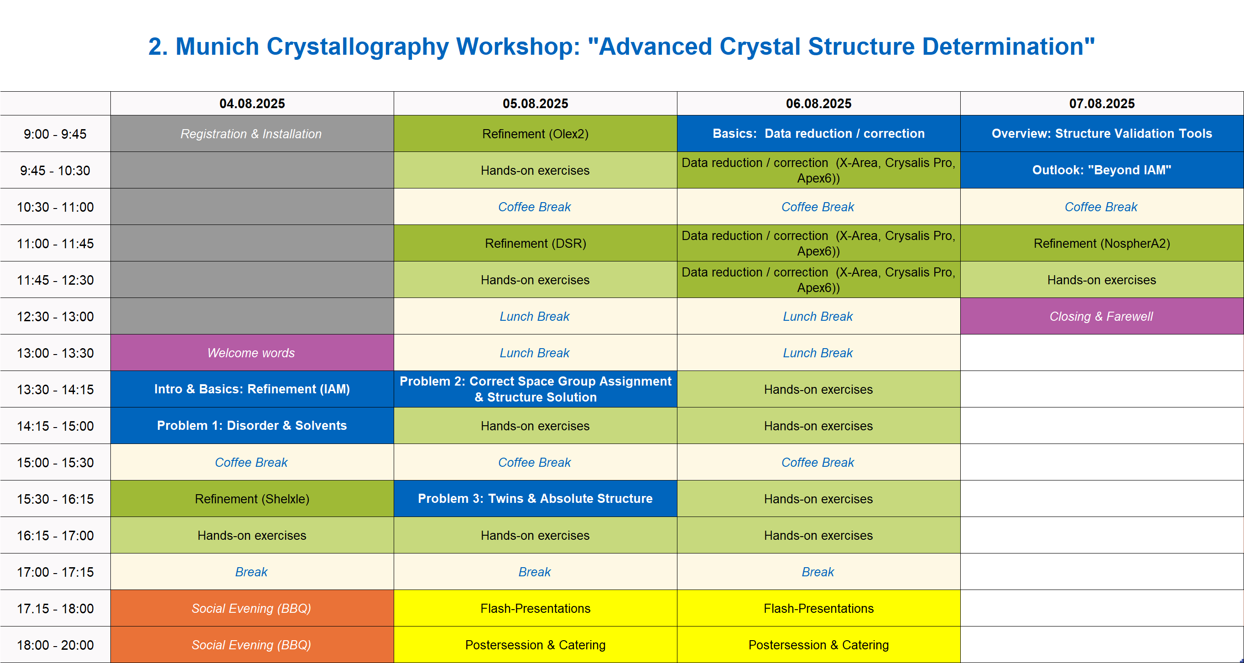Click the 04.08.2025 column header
[252, 103]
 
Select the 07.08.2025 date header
[1102, 103]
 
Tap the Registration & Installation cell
[252, 134]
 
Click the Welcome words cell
[252, 353]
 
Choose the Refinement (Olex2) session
[535, 134]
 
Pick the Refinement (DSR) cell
[535, 243]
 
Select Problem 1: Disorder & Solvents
[252, 425]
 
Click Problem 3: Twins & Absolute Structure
[535, 498]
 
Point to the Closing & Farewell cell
[1102, 316]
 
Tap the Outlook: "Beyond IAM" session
[1102, 170]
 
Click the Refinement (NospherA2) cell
[1102, 243]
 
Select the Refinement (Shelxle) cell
[252, 498]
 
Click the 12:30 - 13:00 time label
[55, 316]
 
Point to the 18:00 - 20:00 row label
[55, 645]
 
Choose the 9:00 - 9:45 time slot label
[55, 134]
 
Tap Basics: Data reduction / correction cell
[818, 134]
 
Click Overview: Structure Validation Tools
[1102, 134]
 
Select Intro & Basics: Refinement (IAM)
[252, 389]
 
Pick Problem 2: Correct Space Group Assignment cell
[535, 389]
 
